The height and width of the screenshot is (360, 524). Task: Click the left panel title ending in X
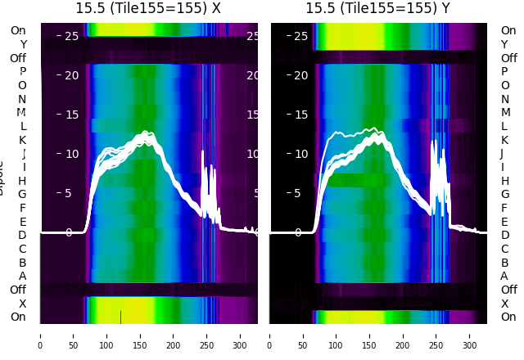pos(148,8)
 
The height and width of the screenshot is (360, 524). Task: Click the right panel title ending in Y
pos(378,8)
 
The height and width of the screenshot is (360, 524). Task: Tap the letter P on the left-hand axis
pos(23,71)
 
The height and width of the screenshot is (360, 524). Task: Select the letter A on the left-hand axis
pos(23,276)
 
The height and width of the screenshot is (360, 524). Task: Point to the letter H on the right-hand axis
pos(504,180)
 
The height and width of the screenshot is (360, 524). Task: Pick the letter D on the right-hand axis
pos(504,235)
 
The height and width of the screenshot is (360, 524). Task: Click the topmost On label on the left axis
pos(18,30)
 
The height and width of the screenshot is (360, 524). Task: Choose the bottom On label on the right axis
pos(508,317)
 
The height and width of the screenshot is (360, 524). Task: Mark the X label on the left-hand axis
pos(23,304)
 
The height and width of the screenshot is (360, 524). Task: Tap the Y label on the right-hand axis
pos(504,44)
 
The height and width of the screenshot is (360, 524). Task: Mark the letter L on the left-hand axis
pos(23,126)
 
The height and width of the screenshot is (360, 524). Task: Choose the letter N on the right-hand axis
pos(504,99)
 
